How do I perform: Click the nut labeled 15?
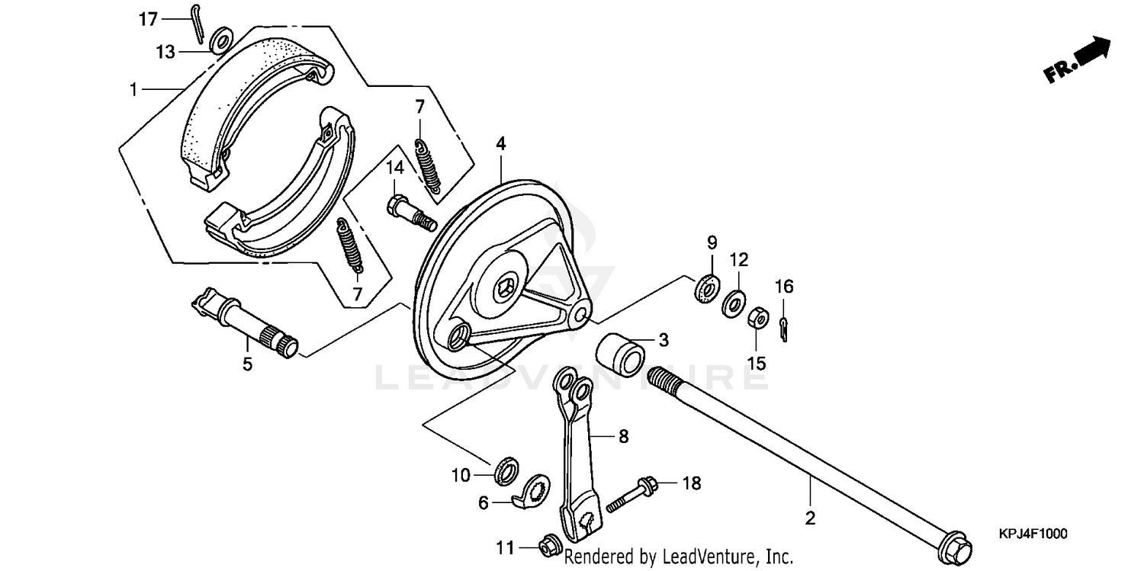pyautogui.click(x=757, y=316)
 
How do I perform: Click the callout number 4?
pyautogui.click(x=500, y=143)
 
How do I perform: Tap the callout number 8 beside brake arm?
pyautogui.click(x=623, y=437)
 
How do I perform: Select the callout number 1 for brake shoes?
pyautogui.click(x=133, y=89)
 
